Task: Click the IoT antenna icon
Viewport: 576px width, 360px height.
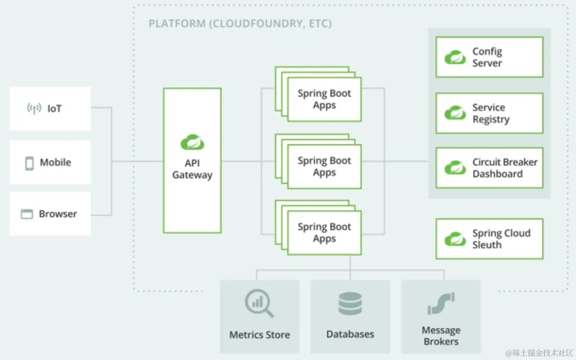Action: [34, 109]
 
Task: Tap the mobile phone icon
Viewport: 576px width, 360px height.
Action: [29, 163]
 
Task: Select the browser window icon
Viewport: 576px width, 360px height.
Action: [27, 214]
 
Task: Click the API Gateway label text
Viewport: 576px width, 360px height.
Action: [192, 169]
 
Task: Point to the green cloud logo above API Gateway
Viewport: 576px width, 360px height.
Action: [192, 142]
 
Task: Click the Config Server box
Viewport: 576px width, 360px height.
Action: [489, 57]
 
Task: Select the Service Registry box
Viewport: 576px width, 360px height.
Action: [489, 113]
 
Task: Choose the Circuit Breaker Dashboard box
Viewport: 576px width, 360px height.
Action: [489, 168]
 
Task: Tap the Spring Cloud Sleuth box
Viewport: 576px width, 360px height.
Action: [489, 239]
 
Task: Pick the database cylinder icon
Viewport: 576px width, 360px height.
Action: [350, 303]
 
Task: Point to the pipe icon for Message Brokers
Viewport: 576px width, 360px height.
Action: [441, 303]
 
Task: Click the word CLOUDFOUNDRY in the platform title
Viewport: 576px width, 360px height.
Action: [255, 23]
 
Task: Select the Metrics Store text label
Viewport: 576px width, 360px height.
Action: [259, 335]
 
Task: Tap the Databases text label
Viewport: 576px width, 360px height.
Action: [350, 334]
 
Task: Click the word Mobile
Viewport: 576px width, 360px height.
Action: [55, 163]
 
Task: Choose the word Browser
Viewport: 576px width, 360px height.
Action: [58, 214]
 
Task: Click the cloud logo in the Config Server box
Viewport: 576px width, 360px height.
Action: [455, 57]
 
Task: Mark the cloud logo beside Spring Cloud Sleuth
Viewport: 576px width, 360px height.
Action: [455, 239]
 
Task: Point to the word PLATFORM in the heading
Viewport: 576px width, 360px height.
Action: [177, 23]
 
